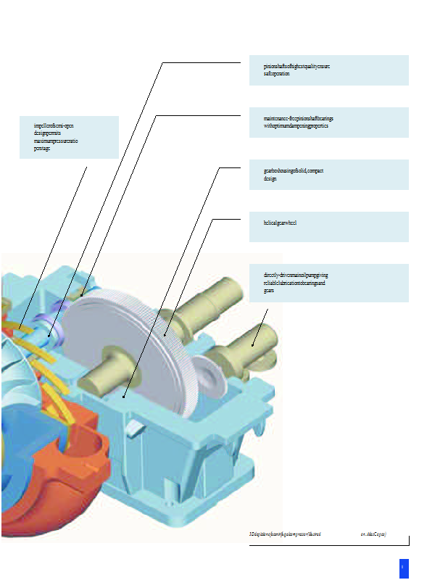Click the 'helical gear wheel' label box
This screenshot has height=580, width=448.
pos(328,226)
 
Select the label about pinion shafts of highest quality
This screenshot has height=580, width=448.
pos(328,70)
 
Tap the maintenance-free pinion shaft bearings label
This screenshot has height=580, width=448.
pos(328,122)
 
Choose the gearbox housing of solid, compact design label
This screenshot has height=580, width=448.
pos(328,174)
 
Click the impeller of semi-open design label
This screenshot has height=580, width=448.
pos(69,137)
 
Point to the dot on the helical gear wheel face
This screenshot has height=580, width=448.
pos(166,335)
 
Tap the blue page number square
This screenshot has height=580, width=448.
pos(404,568)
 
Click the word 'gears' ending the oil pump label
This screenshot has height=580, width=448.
pos(268,290)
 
